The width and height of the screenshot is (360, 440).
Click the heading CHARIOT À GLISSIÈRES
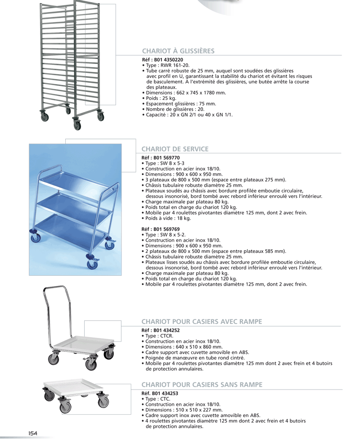178,51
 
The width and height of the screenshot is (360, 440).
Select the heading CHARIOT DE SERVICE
175,149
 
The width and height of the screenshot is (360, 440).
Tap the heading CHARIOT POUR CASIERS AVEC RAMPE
202,322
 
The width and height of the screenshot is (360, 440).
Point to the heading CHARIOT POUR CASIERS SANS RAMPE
202,385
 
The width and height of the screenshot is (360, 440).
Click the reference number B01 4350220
169,60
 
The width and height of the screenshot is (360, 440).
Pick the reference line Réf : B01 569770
161,158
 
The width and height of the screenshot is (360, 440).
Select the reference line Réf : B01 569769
161,229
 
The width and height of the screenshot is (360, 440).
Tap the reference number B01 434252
166,330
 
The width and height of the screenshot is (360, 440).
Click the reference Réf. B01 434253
160,393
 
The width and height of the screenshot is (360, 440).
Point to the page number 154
32,434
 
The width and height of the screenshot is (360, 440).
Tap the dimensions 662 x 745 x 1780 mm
201,93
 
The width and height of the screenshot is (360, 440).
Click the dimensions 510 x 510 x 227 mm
199,410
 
